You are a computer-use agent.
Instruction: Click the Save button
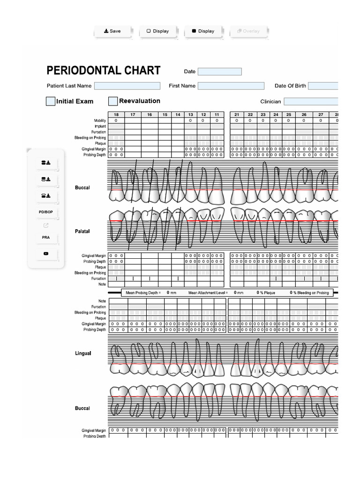[x=112, y=31]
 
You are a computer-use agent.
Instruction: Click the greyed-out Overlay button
[x=248, y=31]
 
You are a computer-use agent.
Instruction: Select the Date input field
[x=219, y=72]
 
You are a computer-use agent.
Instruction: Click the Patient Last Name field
[x=127, y=86]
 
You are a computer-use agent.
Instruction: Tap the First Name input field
[x=231, y=86]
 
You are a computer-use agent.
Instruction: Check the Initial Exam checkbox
[x=51, y=101]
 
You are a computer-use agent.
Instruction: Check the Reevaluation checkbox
[x=113, y=101]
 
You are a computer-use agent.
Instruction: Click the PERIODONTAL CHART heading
[x=104, y=71]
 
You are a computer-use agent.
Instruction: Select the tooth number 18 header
[x=116, y=114]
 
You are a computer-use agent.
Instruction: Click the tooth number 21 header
[x=237, y=114]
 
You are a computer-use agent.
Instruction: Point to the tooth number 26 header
[x=304, y=114]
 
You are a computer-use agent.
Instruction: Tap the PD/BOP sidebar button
[x=45, y=212]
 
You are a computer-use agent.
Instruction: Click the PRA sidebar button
[x=45, y=238]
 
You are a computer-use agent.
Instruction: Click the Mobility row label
[x=100, y=120]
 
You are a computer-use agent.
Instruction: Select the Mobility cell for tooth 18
[x=116, y=120]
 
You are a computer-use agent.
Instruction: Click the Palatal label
[x=82, y=232]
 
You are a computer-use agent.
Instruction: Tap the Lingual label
[x=83, y=353]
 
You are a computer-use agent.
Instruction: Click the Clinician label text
[x=270, y=102]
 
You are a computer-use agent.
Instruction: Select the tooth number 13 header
[x=191, y=114]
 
